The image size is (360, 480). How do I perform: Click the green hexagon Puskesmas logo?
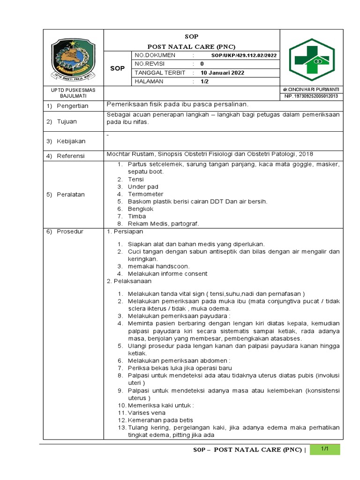point(312,60)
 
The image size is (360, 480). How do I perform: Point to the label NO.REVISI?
point(150,64)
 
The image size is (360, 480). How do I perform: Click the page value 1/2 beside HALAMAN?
point(205,82)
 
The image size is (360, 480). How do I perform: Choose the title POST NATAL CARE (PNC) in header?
point(191,46)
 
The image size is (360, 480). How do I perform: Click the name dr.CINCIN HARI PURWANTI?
point(311,90)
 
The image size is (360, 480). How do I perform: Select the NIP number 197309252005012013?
point(311,97)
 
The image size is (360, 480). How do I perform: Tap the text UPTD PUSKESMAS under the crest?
point(73,90)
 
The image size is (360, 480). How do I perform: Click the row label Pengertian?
point(73,106)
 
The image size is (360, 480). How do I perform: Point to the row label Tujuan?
point(67,121)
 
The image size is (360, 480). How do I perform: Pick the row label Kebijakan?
point(71,141)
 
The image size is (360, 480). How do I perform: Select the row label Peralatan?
point(71,194)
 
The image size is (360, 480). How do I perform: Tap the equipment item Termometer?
point(145,194)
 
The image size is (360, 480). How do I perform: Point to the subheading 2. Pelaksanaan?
point(129,281)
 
